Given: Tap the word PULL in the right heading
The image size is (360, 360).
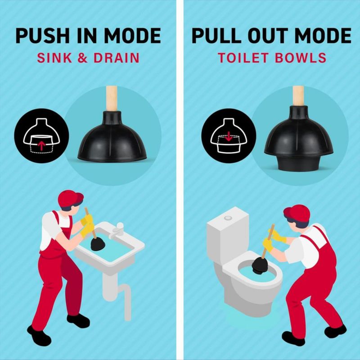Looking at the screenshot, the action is pos(216,36).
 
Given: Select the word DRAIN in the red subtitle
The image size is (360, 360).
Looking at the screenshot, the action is pos(117,58).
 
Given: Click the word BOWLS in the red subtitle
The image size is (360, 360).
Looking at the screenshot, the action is pos(300,58).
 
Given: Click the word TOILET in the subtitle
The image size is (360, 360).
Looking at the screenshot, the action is pos(243,58).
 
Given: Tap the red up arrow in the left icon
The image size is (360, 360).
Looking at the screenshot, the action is pos(41,146).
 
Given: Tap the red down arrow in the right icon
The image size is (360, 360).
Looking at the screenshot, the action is pos(229,136).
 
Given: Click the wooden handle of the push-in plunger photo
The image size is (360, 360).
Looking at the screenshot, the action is pos(112,98).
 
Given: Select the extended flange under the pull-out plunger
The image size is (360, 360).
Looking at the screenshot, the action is pos(298,163).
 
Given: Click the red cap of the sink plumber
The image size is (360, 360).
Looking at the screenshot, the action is pos(70,198).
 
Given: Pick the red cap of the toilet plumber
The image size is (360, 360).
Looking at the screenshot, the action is pos(297,214).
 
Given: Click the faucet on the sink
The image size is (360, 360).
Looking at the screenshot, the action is pos(117,231).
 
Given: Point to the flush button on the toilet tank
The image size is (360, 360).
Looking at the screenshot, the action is pos(228,218).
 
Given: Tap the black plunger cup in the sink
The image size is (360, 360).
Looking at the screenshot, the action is pos(98,244).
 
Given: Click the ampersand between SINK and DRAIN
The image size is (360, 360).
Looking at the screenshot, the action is pos(83,58).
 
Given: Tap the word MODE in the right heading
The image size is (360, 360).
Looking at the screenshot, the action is pos(323,36).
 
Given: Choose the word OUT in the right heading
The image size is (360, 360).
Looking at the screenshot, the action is pos(268,36).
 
